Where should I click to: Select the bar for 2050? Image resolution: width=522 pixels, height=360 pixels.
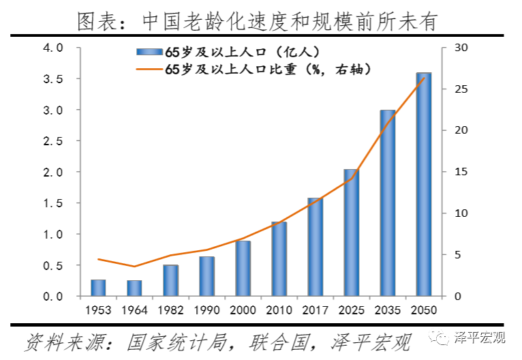click(424, 184)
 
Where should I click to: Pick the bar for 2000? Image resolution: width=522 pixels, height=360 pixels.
click(243, 269)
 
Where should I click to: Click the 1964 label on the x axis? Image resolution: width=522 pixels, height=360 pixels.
click(134, 310)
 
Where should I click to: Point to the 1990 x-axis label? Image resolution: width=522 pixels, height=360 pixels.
click(206, 310)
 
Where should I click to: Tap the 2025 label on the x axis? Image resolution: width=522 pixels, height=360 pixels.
click(352, 310)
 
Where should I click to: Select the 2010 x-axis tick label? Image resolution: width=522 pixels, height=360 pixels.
click(279, 310)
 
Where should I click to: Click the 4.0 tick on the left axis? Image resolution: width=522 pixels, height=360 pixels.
click(52, 48)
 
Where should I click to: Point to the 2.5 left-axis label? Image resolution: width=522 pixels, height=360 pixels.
click(52, 141)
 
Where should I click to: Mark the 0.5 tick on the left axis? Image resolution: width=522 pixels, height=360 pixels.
click(52, 266)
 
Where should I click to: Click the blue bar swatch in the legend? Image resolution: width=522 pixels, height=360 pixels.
click(149, 52)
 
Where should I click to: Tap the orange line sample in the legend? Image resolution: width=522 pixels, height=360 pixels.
click(149, 69)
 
